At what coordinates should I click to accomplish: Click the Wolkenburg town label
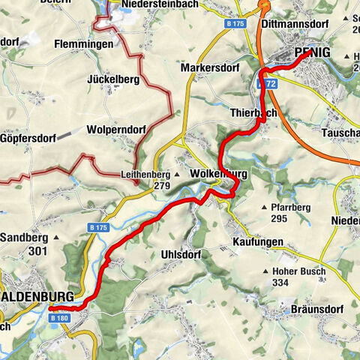tap(218, 174)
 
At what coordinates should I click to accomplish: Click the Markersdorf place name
tap(208, 68)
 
